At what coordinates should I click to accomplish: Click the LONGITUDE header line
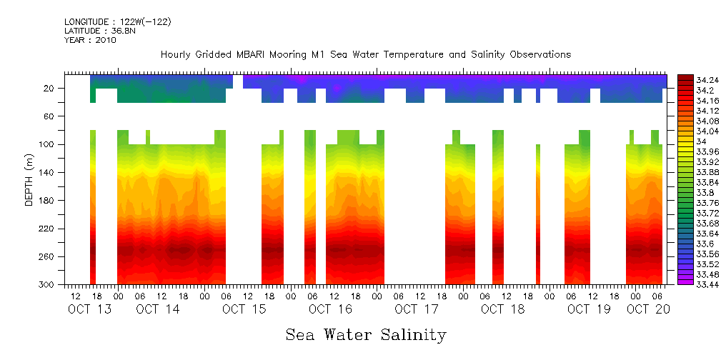(117, 22)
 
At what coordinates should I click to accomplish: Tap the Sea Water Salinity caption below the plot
(366, 334)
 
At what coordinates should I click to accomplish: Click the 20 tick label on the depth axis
(49, 89)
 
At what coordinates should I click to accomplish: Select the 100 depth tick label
(47, 144)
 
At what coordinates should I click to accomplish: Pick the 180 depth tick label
(47, 201)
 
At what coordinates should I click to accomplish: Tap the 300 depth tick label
(47, 285)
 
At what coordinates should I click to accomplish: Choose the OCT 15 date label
(244, 309)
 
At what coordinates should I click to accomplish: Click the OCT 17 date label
(417, 309)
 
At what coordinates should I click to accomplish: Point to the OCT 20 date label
(648, 309)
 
